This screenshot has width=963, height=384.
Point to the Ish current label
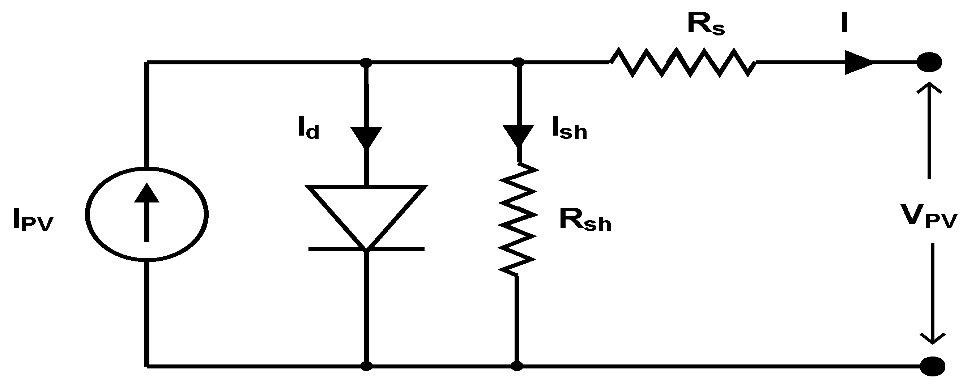point(569,129)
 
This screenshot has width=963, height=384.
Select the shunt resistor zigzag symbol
point(518,219)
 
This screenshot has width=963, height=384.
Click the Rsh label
point(585,221)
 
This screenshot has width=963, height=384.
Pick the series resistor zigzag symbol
point(683,62)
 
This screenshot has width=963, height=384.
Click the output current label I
point(843,24)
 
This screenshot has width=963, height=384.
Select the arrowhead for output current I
point(858,62)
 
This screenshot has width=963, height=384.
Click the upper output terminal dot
point(929,62)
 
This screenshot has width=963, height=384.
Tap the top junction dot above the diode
point(366,62)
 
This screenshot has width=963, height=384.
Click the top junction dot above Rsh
point(518,62)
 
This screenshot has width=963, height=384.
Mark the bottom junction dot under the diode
point(366,366)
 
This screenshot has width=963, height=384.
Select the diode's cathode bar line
point(366,249)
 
